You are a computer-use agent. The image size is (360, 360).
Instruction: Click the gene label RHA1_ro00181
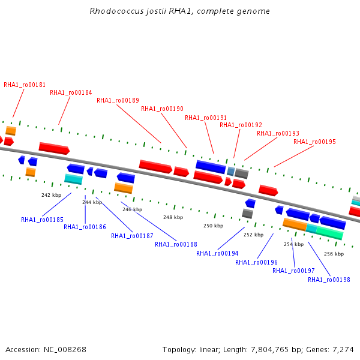tap(25, 85)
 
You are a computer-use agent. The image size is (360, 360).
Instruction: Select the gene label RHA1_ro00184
tap(71, 92)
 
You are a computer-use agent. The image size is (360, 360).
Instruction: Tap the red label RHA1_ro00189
tap(118, 101)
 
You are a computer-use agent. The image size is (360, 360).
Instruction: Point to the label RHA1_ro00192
tap(241, 125)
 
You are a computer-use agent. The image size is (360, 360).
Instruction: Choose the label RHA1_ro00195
tap(314, 142)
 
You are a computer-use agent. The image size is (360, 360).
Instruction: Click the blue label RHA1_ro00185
tap(42, 220)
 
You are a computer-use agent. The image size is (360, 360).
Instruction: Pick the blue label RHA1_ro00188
tap(176, 245)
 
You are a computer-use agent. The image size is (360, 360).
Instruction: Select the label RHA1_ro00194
tap(217, 253)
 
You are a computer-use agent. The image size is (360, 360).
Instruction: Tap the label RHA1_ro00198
tap(329, 280)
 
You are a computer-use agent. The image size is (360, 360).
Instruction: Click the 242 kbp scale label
tap(51, 195)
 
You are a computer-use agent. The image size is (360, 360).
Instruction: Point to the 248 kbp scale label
tap(173, 217)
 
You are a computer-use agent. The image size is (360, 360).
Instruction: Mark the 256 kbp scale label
tap(334, 254)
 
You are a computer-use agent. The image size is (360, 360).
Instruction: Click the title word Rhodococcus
tap(116, 11)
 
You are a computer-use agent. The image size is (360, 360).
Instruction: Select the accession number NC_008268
tap(65, 350)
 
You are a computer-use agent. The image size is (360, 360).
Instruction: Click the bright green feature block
tap(330, 233)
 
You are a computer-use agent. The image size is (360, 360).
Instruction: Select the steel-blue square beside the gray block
tap(231, 171)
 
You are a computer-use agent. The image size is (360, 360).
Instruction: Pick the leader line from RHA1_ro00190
tap(174, 131)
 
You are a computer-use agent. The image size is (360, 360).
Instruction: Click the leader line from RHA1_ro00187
tap(114, 215)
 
